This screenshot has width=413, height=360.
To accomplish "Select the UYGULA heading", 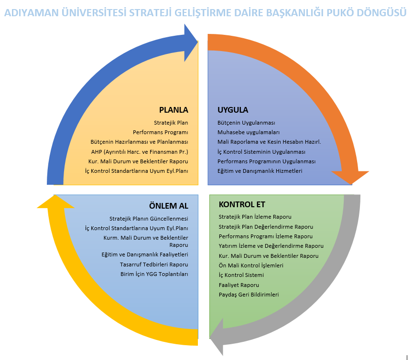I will click(x=233, y=110).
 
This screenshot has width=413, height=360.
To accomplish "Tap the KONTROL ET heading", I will click(x=242, y=204).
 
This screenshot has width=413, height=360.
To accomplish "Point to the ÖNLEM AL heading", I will click(x=169, y=206).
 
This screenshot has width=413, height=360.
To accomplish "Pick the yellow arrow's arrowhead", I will click(x=55, y=200).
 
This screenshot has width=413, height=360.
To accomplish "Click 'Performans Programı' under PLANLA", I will click(x=161, y=132).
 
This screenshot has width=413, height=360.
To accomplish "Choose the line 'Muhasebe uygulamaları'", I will click(x=249, y=132).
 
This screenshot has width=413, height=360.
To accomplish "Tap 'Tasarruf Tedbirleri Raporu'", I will click(x=154, y=265).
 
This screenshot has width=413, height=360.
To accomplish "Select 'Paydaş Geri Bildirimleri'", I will click(x=249, y=295).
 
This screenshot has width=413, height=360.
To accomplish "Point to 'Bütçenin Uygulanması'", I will click(x=246, y=123).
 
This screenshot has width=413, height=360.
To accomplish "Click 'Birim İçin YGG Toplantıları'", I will click(x=154, y=274).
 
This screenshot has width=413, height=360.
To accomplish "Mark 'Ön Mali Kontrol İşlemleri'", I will click(x=251, y=265).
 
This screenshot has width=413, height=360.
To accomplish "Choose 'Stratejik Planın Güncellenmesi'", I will click(x=149, y=219).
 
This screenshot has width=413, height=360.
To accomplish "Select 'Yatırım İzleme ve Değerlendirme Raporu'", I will click(x=271, y=246).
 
